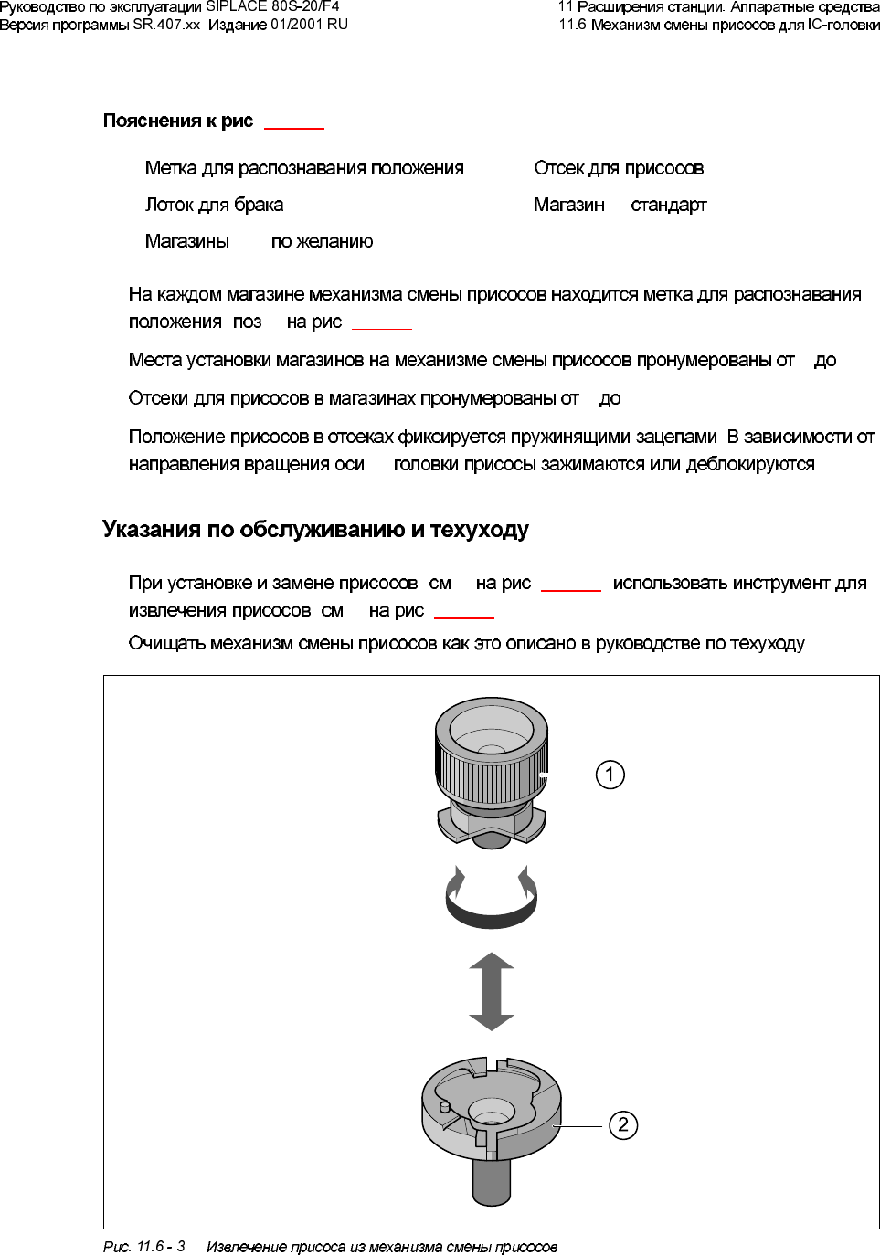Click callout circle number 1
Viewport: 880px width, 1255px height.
pos(610,775)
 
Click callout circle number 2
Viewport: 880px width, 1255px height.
pos(623,1124)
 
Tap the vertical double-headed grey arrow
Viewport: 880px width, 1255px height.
pos(491,991)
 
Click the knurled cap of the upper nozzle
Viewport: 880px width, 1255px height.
pos(492,767)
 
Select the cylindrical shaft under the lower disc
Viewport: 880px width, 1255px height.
pos(491,1183)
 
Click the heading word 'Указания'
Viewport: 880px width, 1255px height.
pos(152,530)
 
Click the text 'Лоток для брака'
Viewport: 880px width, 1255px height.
pos(214,205)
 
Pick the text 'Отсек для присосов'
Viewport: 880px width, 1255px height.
pos(619,168)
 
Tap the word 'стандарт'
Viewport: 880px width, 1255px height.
pos(669,205)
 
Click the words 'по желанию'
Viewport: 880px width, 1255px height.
pos(322,241)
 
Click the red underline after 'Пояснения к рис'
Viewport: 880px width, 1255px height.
pos(294,129)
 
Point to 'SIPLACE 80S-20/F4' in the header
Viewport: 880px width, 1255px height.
pos(272,6)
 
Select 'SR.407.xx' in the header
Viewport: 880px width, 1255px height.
pos(165,25)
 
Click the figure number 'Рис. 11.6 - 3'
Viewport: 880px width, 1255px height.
pos(143,1246)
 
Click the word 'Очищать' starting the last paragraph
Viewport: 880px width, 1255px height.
pos(166,643)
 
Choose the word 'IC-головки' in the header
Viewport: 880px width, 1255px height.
pos(843,25)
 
